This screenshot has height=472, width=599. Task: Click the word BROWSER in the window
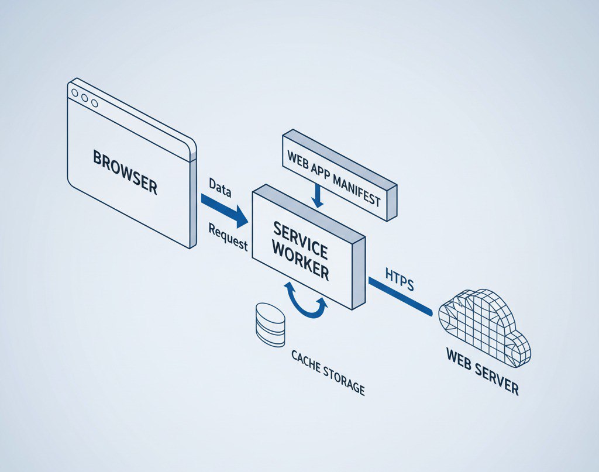pyautogui.click(x=126, y=171)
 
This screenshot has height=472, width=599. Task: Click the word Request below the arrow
pyautogui.click(x=228, y=237)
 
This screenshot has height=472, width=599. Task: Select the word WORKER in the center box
pyautogui.click(x=304, y=264)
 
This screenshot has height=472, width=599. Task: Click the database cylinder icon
pyautogui.click(x=270, y=325)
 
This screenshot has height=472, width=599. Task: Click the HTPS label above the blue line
pyautogui.click(x=400, y=278)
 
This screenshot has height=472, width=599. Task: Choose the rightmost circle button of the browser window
pyautogui.click(x=94, y=104)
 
